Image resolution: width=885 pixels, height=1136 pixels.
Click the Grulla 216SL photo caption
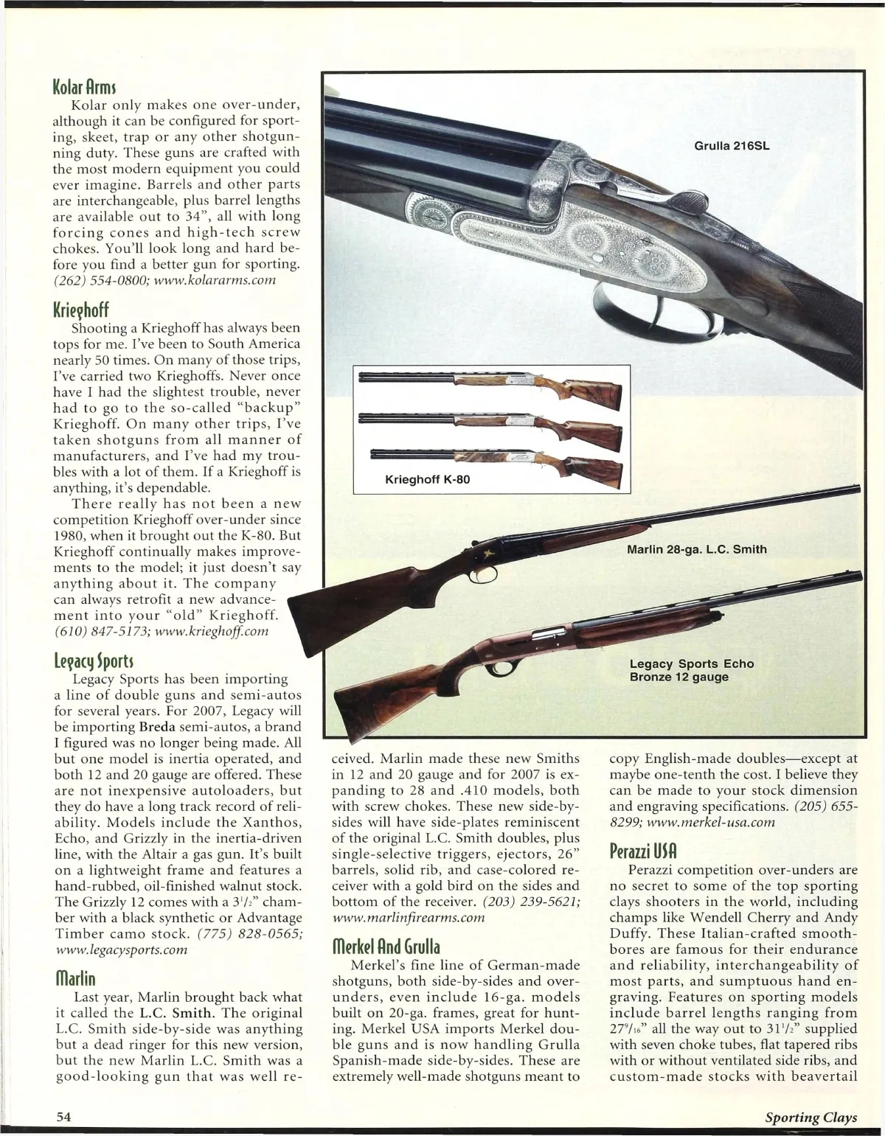732,145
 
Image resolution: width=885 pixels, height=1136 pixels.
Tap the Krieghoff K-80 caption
428,480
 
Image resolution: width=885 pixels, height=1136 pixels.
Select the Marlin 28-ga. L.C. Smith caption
697,549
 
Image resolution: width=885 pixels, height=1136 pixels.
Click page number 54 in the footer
63,1117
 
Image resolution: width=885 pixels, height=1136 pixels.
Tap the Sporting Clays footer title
811,1117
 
